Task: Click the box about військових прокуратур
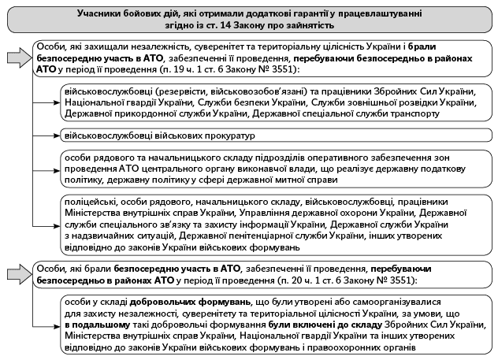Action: (x=146, y=136)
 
